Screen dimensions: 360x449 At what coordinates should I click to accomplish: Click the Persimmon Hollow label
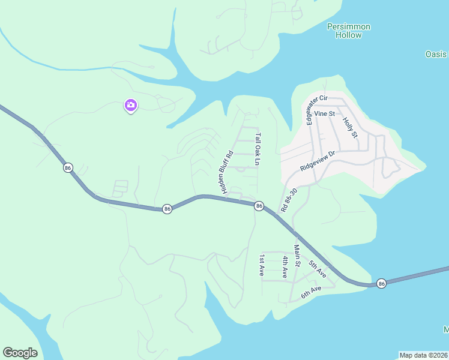(349, 31)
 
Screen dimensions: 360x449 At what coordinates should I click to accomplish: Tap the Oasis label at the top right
(436, 54)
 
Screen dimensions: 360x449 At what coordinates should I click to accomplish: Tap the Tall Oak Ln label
(258, 149)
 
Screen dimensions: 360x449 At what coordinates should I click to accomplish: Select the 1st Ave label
(262, 266)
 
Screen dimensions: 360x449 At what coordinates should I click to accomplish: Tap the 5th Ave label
(318, 268)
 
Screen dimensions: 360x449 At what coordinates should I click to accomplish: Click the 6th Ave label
(312, 292)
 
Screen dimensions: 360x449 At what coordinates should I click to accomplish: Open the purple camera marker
(130, 106)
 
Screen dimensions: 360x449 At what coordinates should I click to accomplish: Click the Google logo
(20, 353)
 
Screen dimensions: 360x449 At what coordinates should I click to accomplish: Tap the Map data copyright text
(423, 355)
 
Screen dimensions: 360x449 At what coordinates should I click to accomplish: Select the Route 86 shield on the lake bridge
(381, 283)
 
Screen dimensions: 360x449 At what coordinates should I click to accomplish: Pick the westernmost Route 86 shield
(67, 168)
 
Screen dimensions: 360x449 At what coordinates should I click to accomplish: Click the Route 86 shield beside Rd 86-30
(259, 206)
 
